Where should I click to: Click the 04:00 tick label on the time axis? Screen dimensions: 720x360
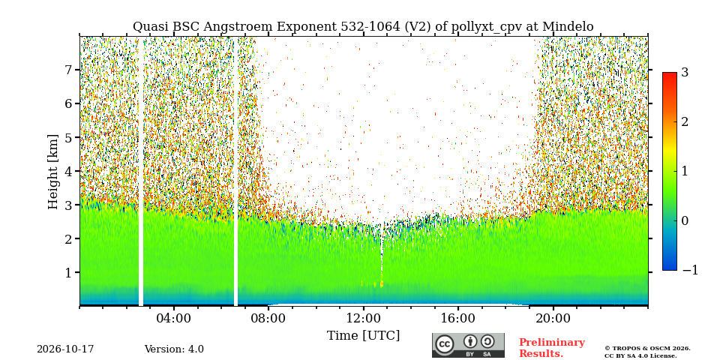coord(173,318)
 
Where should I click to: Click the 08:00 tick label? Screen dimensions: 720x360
coord(268,318)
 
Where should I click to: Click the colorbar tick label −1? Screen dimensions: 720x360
coord(691,271)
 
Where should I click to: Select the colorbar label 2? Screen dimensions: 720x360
coord(685,121)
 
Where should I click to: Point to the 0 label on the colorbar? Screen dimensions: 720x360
coord(685,220)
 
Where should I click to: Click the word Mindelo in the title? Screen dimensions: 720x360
coord(568,27)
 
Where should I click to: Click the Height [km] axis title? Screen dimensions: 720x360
coord(54,172)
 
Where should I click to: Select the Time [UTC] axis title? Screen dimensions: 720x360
coord(363,336)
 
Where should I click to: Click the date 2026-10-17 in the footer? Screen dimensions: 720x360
coord(65,349)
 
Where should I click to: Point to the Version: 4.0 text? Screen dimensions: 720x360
coord(174,349)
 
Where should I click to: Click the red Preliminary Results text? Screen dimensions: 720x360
coord(552,348)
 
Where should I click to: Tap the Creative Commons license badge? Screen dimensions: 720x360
coord(468,345)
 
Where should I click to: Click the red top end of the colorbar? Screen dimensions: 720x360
coord(670,74)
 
